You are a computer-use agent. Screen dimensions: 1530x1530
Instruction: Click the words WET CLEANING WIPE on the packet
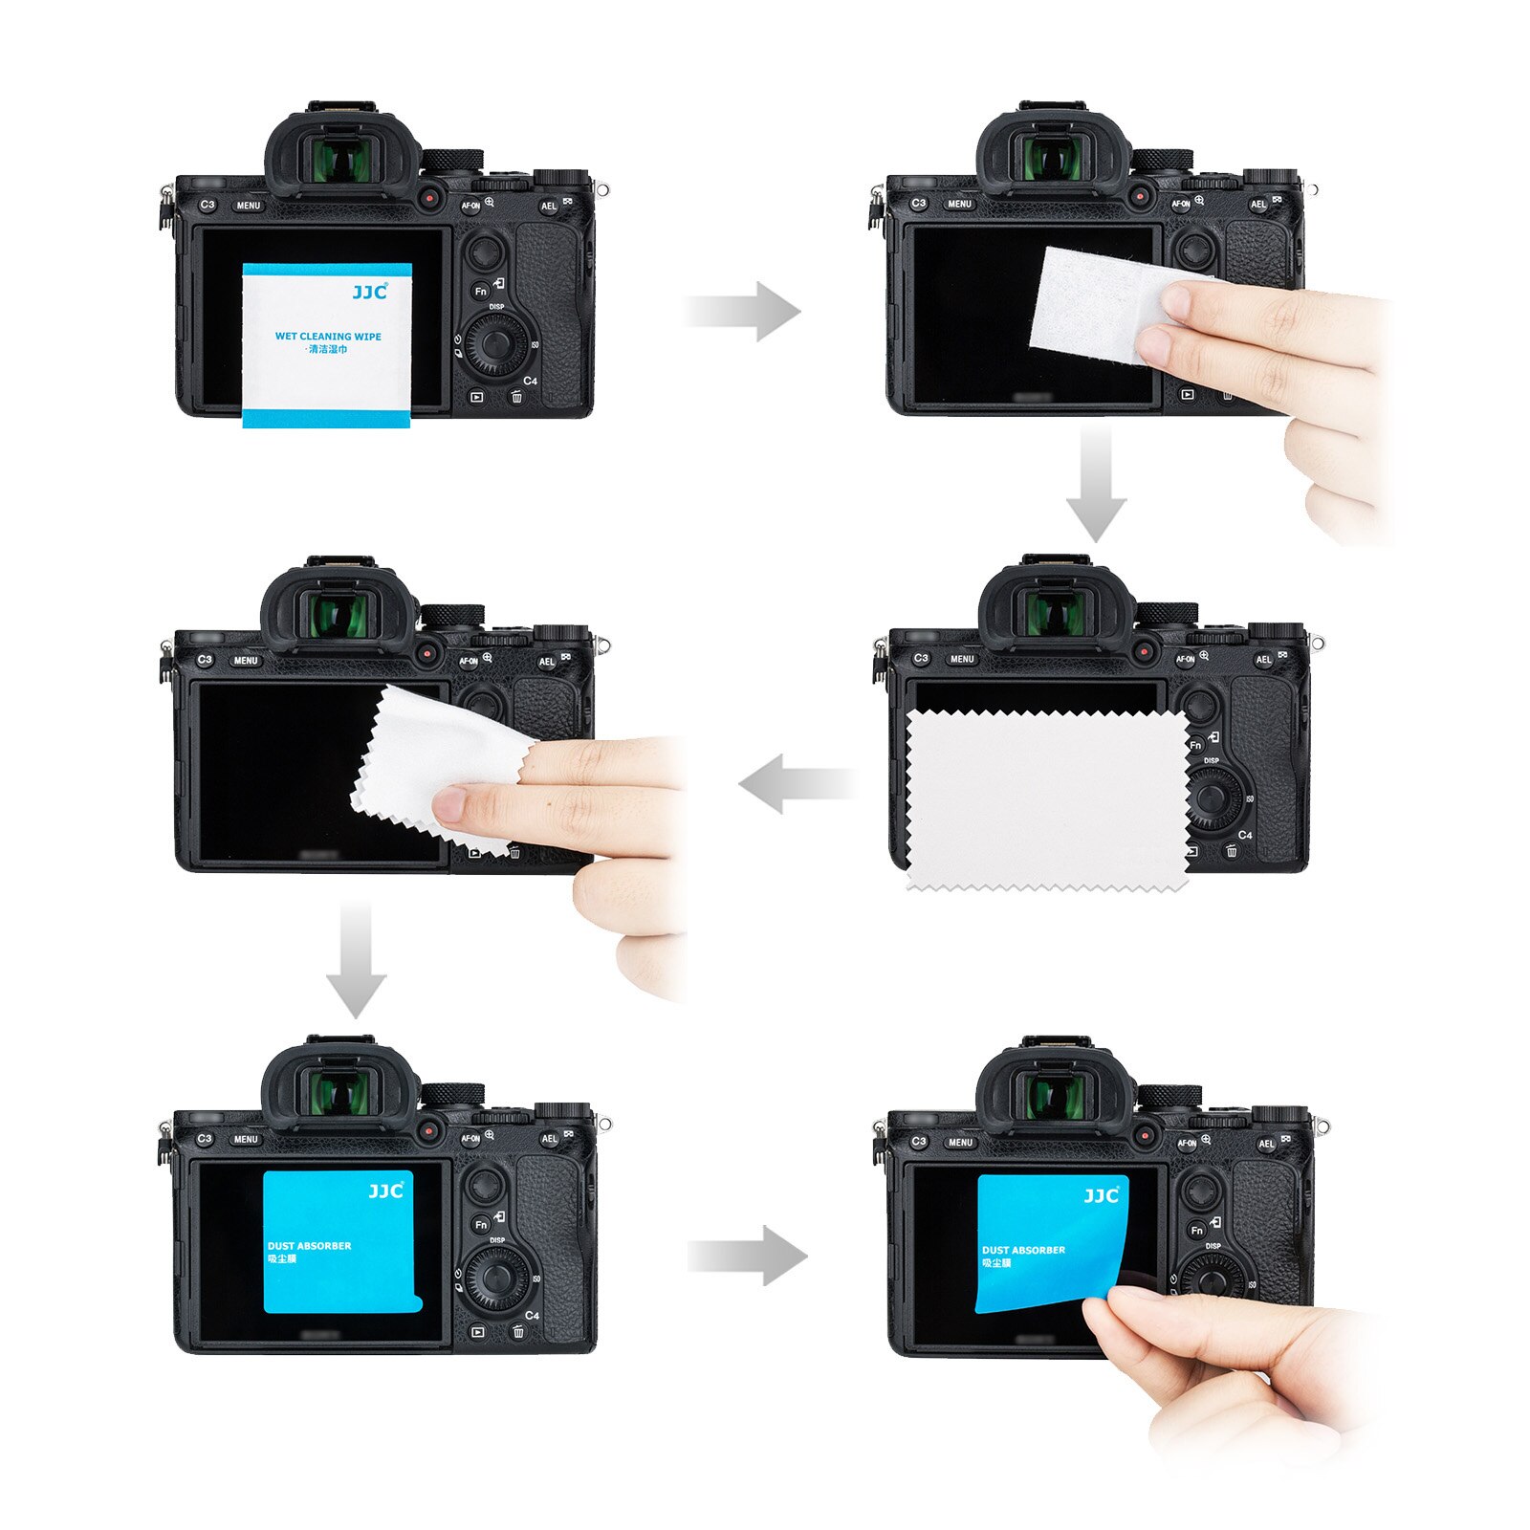pyautogui.click(x=328, y=336)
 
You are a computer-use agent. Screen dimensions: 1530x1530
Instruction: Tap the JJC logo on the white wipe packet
pyautogui.click(x=369, y=292)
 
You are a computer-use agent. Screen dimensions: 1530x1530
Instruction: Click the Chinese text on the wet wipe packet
pyautogui.click(x=328, y=350)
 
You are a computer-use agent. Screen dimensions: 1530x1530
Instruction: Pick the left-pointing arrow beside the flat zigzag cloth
pyautogui.click(x=798, y=784)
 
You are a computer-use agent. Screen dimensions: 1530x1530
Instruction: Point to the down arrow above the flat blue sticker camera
pyautogui.click(x=356, y=956)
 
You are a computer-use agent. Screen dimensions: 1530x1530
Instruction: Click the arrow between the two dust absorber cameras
pyautogui.click(x=748, y=1255)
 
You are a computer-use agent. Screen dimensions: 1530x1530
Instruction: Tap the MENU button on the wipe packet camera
pyautogui.click(x=248, y=206)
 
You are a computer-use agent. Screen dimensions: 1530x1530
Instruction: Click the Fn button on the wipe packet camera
pyautogui.click(x=481, y=291)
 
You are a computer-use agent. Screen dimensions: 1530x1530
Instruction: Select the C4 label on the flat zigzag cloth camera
pyautogui.click(x=1245, y=835)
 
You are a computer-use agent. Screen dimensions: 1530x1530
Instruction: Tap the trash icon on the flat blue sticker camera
pyautogui.click(x=517, y=1331)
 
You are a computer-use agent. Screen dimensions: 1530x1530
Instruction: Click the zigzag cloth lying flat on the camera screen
pyautogui.click(x=1047, y=799)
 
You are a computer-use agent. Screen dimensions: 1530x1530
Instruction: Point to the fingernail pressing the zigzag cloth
pyautogui.click(x=448, y=805)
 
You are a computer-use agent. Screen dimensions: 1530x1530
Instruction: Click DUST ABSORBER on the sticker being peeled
pyautogui.click(x=1023, y=1250)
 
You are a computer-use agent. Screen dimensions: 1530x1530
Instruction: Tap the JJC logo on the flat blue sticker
pyautogui.click(x=386, y=1191)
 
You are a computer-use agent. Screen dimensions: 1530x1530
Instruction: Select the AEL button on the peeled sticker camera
pyautogui.click(x=1266, y=1143)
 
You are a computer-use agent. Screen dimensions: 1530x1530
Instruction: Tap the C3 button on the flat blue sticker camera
pyautogui.click(x=205, y=1138)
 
